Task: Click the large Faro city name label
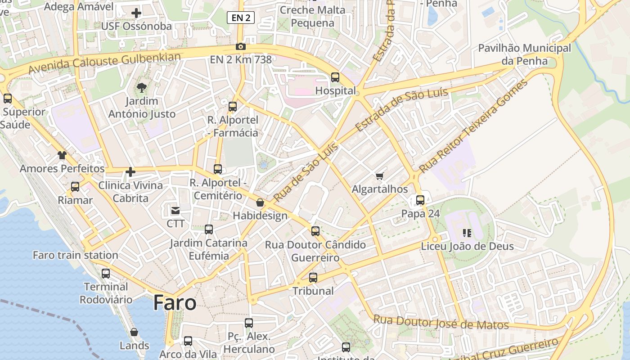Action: click(x=175, y=302)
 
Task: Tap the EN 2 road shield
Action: click(x=241, y=18)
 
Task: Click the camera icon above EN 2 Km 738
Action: click(x=241, y=46)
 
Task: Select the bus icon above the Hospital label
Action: click(x=335, y=77)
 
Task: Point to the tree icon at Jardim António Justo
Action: click(x=142, y=87)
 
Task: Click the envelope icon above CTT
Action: click(x=175, y=210)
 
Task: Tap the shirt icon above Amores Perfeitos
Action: click(x=62, y=155)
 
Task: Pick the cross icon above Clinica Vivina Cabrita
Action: click(x=130, y=171)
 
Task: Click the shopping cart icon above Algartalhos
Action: click(x=380, y=176)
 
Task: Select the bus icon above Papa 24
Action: click(x=420, y=200)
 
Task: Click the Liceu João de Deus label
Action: click(x=467, y=246)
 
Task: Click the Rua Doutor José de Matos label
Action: click(x=441, y=322)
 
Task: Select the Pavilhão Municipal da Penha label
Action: click(x=524, y=54)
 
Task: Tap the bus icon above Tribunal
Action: click(x=313, y=278)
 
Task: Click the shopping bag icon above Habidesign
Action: click(x=260, y=202)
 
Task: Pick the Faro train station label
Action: click(x=76, y=255)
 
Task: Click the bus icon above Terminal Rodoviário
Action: click(x=106, y=273)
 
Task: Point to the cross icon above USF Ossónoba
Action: click(x=136, y=13)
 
